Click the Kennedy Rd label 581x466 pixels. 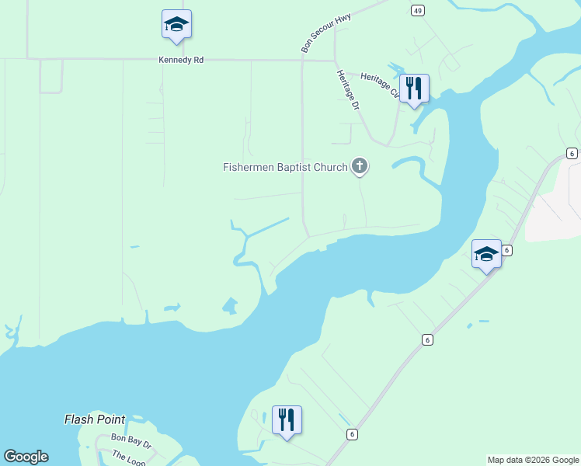[180, 59]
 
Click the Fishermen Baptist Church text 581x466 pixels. [284, 166]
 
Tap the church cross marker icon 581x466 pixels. [359, 165]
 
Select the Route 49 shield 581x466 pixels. [418, 10]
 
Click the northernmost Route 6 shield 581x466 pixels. [572, 153]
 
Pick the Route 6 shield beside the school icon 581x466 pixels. [506, 250]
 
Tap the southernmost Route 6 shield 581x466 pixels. [352, 434]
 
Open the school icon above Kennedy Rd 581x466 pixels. [176, 25]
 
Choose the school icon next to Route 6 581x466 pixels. [487, 255]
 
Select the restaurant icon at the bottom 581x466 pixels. [287, 420]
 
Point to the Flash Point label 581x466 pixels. [95, 419]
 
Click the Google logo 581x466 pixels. [26, 457]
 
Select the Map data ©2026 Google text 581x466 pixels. [533, 460]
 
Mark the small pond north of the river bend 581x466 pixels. [230, 305]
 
